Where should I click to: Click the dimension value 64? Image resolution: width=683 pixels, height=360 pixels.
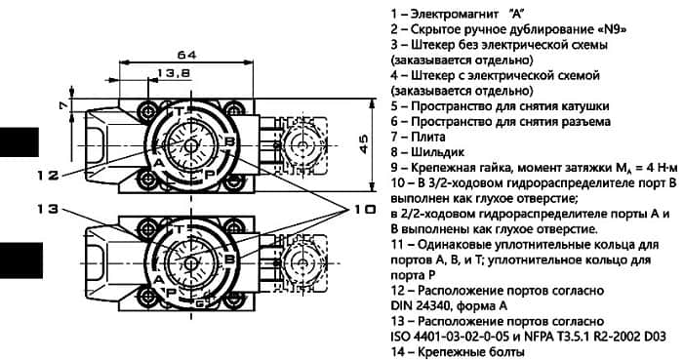187,55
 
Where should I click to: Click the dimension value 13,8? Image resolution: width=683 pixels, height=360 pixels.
174,73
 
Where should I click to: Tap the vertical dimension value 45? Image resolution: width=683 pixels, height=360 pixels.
363,144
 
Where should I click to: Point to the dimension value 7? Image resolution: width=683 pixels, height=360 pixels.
64,105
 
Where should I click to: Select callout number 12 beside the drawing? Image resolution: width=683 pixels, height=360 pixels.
47,176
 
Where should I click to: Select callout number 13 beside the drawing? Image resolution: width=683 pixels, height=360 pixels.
47,209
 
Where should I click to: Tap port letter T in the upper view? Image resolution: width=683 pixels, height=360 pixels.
179,111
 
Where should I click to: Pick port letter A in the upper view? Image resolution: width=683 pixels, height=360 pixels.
159,163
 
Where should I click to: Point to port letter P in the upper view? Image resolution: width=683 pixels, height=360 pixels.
210,174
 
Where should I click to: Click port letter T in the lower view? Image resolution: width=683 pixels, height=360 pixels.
179,229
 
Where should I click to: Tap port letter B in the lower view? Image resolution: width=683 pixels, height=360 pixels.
229,260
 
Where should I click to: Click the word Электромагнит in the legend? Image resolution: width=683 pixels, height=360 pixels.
455,14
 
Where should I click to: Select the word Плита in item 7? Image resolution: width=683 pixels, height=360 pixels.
428,137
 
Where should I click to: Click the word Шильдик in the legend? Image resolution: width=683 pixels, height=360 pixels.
437,152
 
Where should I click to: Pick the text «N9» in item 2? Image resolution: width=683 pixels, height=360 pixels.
612,29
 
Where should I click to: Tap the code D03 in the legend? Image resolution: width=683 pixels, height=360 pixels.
655,336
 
